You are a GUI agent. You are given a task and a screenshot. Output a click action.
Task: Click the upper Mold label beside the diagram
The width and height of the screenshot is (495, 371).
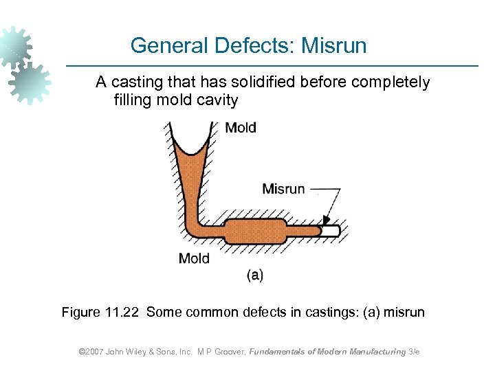pyautogui.click(x=241, y=128)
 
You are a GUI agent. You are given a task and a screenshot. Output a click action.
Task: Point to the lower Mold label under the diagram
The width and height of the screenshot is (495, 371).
pyautogui.click(x=194, y=258)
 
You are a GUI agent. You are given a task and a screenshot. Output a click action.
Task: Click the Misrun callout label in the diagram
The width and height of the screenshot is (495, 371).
pyautogui.click(x=283, y=189)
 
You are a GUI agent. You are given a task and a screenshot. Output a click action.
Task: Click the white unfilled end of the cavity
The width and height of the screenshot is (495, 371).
pyautogui.click(x=331, y=232)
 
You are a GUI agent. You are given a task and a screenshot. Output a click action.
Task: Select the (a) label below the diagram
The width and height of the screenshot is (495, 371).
pyautogui.click(x=254, y=276)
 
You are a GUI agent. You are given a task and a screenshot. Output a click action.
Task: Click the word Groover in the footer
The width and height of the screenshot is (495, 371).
pyautogui.click(x=224, y=352)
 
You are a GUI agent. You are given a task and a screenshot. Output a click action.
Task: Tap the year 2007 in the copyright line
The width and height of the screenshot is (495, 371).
pyautogui.click(x=94, y=352)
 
